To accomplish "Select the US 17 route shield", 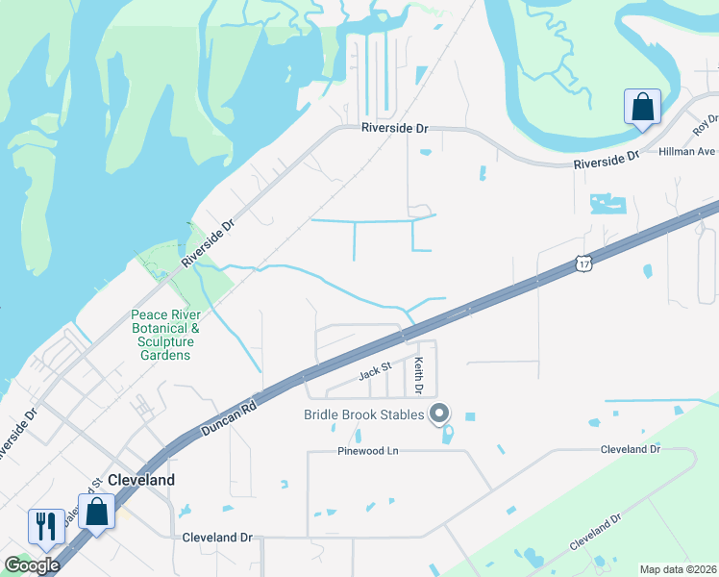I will click(583, 263).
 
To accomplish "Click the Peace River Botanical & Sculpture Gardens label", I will click(162, 335).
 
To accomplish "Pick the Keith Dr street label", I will click(418, 376).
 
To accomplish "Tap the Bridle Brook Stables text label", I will click(364, 414).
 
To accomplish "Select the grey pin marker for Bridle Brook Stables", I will click(439, 414).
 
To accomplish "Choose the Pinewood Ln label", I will click(367, 451).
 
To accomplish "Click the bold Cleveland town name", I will click(141, 480).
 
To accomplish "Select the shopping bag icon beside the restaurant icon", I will click(97, 512).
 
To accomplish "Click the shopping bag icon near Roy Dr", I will click(642, 107).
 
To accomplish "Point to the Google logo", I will click(32, 565).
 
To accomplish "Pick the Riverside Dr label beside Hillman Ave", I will click(607, 160).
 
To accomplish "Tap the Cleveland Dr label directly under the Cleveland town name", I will click(216, 538).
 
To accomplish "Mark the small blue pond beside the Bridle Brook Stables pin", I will click(448, 434).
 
